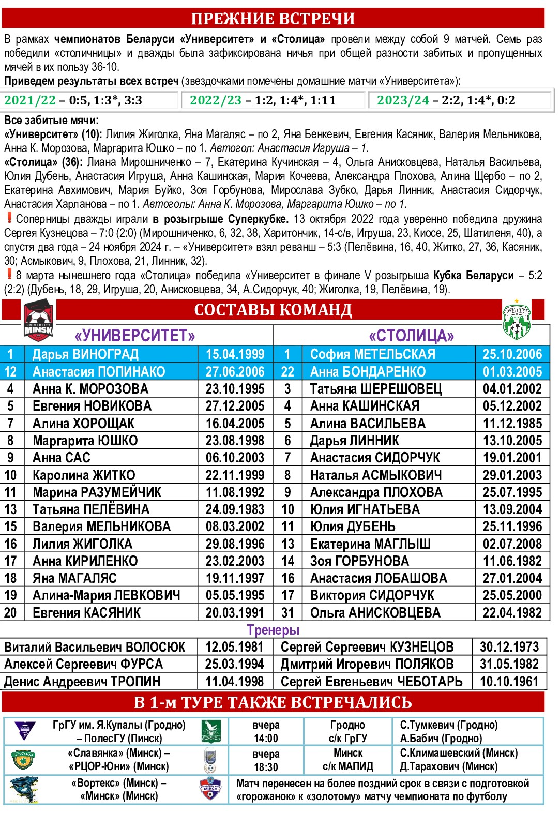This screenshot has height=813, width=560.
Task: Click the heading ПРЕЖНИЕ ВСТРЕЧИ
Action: tap(273, 19)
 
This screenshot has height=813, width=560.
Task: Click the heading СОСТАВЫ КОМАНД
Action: tap(273, 310)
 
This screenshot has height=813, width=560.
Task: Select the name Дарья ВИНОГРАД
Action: tap(85, 354)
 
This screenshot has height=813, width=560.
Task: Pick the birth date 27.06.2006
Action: tap(235, 372)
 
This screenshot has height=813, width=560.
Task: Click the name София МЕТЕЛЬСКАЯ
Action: tap(372, 354)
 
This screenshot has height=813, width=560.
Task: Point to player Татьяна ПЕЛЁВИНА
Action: tap(90, 509)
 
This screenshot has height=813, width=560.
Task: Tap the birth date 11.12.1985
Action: tap(512, 424)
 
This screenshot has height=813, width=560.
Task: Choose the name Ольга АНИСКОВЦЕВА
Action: tap(375, 613)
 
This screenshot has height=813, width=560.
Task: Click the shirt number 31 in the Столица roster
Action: tap(287, 613)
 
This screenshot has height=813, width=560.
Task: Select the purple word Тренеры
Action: tap(273, 630)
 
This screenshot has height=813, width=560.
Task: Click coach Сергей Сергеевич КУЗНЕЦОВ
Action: tap(367, 647)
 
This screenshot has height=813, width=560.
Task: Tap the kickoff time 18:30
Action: tap(266, 767)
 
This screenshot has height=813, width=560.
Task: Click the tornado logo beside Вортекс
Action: tap(24, 790)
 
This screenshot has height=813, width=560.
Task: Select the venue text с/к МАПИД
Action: tap(347, 766)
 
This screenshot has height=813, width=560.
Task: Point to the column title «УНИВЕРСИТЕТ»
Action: tap(135, 336)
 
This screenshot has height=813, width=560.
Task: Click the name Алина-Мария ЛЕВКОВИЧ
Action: tap(106, 595)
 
